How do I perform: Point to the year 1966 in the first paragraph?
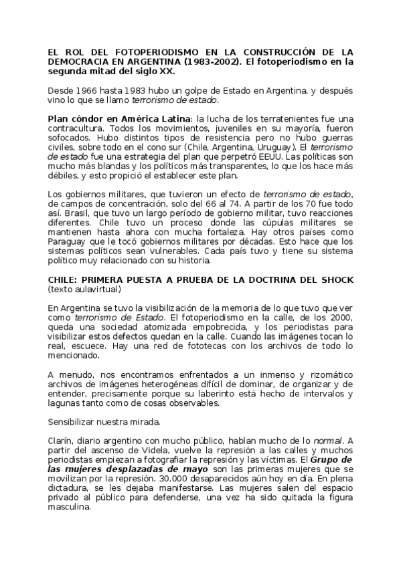coord(86,90)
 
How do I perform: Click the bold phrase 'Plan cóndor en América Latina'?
coord(119,118)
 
